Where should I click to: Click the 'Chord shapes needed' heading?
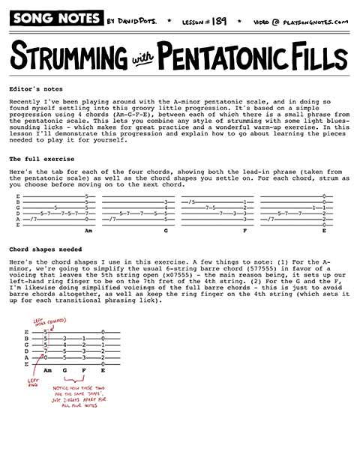pyautogui.click(x=43, y=249)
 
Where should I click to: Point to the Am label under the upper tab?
pyautogui.click(x=88, y=231)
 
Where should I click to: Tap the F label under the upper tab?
pyautogui.click(x=244, y=231)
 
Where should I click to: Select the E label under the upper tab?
pyautogui.click(x=323, y=231)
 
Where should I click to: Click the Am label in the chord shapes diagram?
pyautogui.click(x=47, y=370)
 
